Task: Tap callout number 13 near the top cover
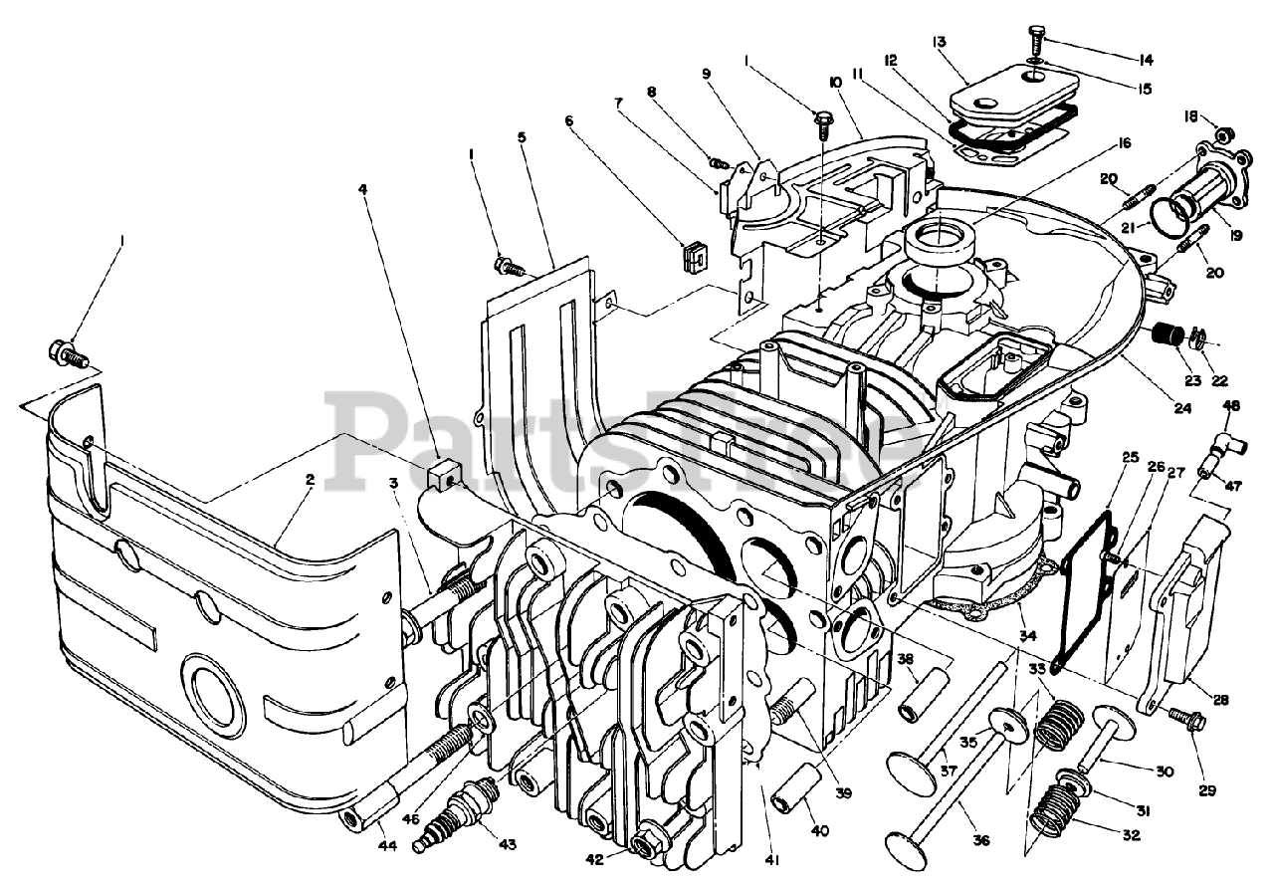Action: tap(939, 42)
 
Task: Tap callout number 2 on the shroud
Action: tap(311, 479)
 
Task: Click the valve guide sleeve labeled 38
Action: tap(916, 700)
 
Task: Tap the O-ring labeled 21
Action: tap(1170, 212)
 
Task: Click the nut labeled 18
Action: tap(1224, 134)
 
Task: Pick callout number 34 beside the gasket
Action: tap(1028, 635)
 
